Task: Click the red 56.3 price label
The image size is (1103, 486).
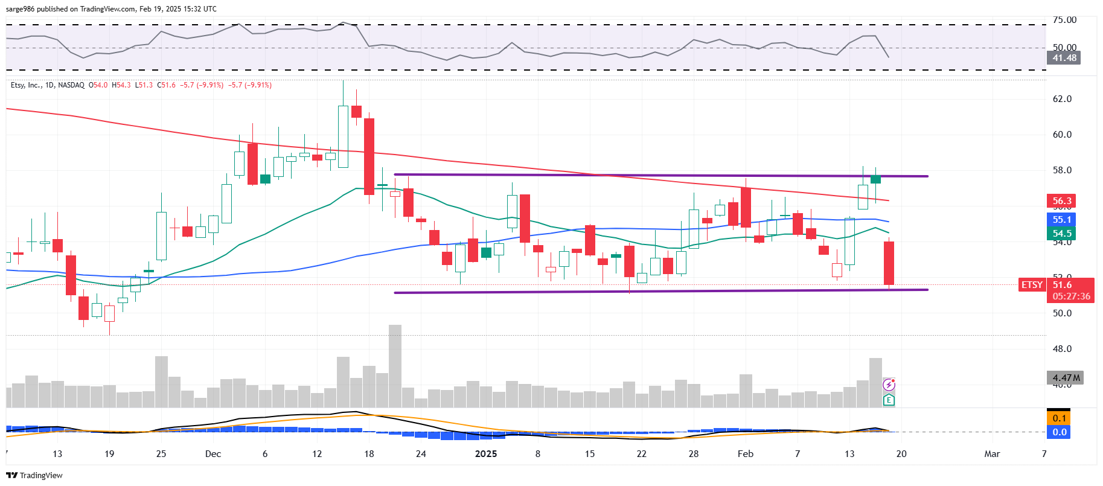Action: click(x=1062, y=201)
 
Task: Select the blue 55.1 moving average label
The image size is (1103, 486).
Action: click(x=1062, y=220)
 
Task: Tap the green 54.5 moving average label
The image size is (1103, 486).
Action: click(x=1062, y=234)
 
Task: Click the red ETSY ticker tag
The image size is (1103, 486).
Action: click(x=1032, y=285)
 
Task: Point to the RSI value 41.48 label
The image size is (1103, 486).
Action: click(x=1064, y=58)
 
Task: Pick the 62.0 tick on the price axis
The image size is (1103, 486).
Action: click(x=1062, y=99)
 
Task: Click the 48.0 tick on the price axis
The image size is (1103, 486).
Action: click(x=1062, y=349)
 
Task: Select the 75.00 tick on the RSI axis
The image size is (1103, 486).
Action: click(x=1064, y=20)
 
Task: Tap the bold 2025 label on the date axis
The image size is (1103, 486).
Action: click(x=486, y=454)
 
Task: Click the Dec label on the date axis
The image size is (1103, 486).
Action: click(x=213, y=454)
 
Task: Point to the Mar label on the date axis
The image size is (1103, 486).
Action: click(x=992, y=454)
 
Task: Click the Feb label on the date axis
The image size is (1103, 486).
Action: click(x=746, y=454)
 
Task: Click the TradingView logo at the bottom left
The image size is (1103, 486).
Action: click(x=35, y=475)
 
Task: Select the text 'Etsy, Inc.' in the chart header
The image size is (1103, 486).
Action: click(x=25, y=85)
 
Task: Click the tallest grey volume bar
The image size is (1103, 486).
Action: click(x=395, y=366)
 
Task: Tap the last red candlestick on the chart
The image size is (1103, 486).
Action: click(x=889, y=263)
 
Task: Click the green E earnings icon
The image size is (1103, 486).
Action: click(x=889, y=400)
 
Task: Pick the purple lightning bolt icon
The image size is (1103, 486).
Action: click(x=889, y=385)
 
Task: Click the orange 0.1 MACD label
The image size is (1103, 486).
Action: click(x=1059, y=418)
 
